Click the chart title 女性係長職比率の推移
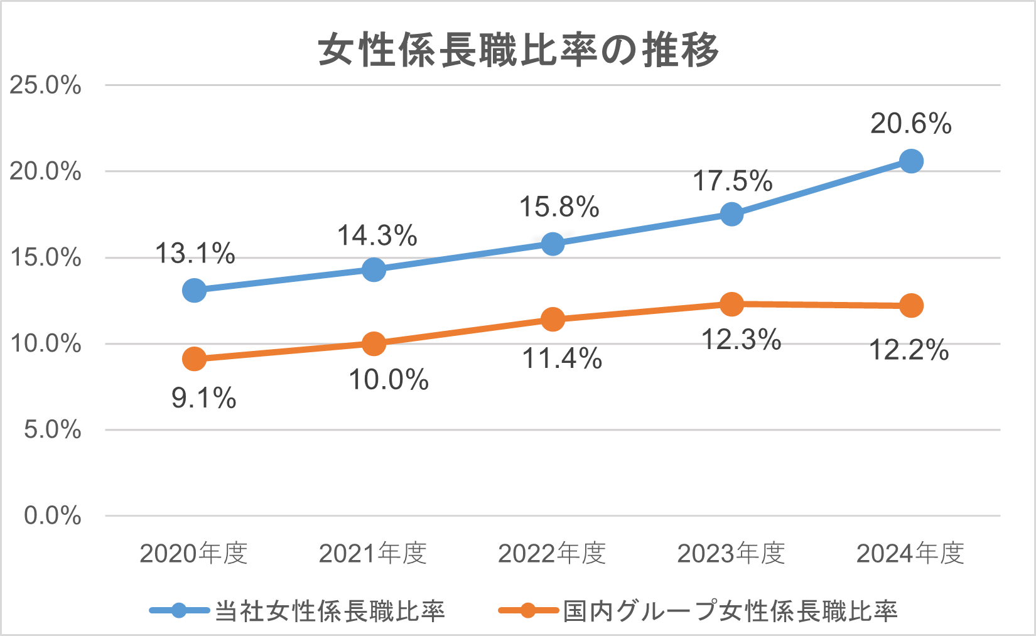518,50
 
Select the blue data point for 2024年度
910,161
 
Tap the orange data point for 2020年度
194,359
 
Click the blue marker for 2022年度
553,244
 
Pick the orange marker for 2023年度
731,304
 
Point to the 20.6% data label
910,124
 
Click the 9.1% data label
203,398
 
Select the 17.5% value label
732,181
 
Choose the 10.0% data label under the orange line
389,380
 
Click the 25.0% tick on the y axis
45,85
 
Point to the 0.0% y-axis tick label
53,516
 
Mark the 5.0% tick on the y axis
53,430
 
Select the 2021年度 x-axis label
373,554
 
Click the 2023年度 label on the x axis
731,554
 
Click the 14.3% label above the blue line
377,236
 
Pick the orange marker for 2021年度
374,343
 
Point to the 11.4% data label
562,358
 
